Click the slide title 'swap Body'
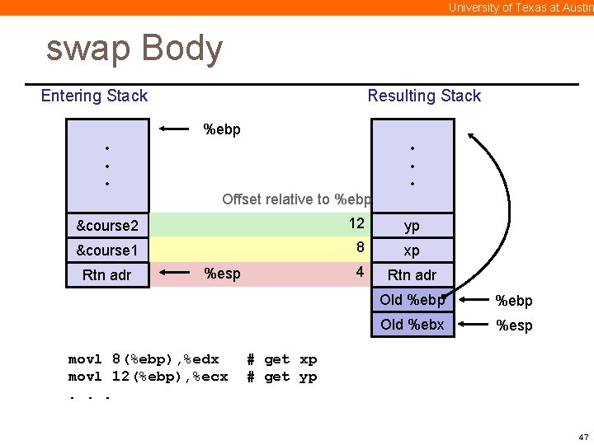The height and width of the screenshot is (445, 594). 134,49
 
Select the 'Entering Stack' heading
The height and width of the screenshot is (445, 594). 94,96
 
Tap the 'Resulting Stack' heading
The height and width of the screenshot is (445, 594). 424,96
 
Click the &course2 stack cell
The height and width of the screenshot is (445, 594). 107,225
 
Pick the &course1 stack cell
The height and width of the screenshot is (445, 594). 107,250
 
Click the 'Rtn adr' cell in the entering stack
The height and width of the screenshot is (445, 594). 107,274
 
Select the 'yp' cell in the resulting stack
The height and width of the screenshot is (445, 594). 412,226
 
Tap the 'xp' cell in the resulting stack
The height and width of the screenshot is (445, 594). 412,251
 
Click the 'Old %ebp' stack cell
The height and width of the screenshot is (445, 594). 412,300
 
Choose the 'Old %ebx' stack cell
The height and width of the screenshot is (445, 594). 412,325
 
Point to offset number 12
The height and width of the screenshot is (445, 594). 356,223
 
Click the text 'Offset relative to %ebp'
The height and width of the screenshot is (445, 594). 297,199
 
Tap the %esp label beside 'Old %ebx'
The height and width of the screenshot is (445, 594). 514,326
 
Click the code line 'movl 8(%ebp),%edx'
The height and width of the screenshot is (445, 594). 144,359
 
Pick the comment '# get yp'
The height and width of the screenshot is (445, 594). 282,377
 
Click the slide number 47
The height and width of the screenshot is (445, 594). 583,436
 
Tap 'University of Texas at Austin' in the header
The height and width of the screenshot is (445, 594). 521,7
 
